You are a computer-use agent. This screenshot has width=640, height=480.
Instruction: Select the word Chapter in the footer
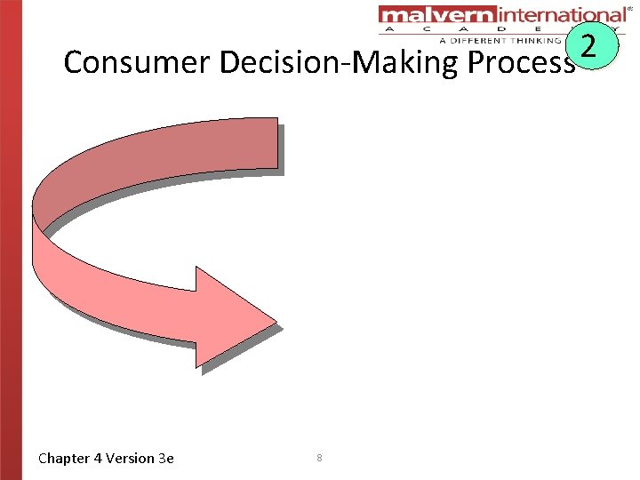click(64, 459)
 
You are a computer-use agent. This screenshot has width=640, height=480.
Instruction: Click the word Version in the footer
click(130, 459)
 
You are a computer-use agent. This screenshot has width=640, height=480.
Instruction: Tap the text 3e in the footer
click(165, 459)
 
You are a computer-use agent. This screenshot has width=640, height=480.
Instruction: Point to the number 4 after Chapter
click(98, 459)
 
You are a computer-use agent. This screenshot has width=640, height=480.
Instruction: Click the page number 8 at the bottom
click(319, 458)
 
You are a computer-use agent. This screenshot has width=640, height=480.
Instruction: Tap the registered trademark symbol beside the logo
click(630, 8)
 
